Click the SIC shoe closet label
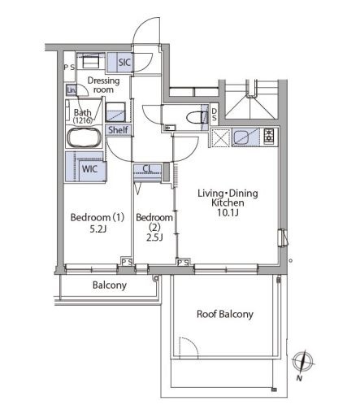[x=124, y=63]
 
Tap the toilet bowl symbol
[x=197, y=117]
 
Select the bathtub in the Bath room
[x=85, y=137]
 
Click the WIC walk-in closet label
[x=89, y=169]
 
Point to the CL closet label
[x=147, y=168]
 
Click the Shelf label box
[x=118, y=130]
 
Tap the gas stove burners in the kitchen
[x=269, y=136]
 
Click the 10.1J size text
[x=228, y=213]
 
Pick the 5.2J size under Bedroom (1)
[x=98, y=229]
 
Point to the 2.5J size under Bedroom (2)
[x=154, y=237]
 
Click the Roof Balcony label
[x=225, y=314]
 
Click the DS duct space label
[x=214, y=115]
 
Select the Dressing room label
[x=103, y=85]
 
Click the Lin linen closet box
[x=71, y=90]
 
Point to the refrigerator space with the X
[x=221, y=137]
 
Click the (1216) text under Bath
[x=83, y=120]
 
